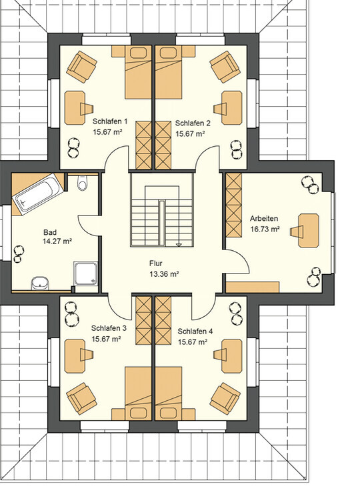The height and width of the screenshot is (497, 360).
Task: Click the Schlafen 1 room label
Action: (110, 121)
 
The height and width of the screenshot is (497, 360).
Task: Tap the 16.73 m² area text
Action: (265, 229)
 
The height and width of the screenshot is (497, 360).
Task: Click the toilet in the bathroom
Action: (82, 183)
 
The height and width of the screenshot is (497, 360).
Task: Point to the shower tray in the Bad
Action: (86, 274)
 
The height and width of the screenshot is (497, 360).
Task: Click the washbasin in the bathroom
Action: (40, 283)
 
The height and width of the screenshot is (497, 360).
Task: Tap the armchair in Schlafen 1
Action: (81, 67)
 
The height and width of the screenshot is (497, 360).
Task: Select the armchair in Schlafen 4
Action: (225, 398)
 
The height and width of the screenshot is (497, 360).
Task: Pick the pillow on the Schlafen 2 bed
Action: (169, 53)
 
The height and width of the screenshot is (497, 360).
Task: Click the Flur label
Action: (156, 263)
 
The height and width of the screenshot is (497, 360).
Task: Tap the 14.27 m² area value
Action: (57, 241)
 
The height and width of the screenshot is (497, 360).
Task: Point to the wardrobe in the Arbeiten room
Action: (234, 205)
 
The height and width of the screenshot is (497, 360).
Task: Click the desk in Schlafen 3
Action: (75, 356)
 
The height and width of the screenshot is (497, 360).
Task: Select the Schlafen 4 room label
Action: (195, 332)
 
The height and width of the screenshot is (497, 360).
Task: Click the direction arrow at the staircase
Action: (179, 244)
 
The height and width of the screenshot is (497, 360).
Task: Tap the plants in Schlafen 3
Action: (71, 314)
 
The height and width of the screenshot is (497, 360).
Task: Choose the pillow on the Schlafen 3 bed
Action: (138, 413)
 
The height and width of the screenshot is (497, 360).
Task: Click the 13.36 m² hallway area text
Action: (164, 274)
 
